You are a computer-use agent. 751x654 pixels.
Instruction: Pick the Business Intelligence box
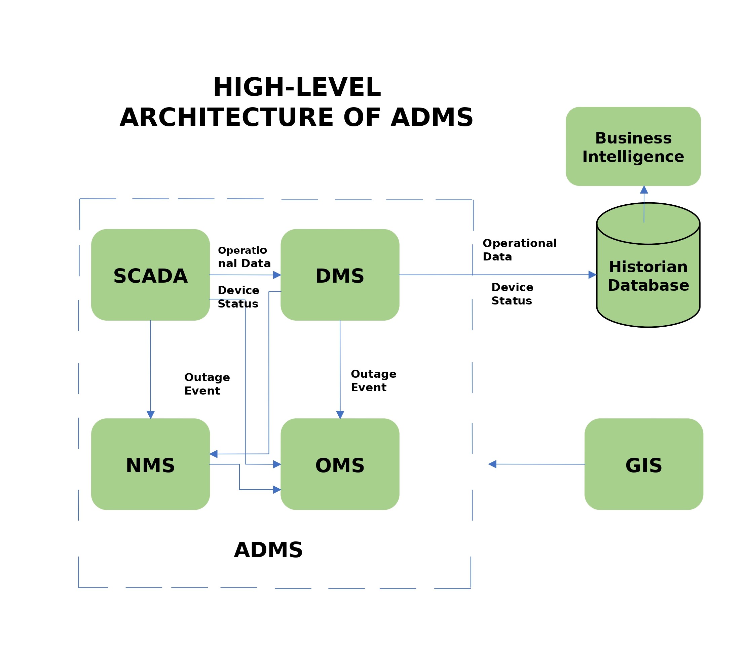coord(633,146)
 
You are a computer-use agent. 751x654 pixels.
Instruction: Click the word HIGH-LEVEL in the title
coord(297,88)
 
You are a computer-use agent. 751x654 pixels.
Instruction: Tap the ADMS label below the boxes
coord(268,550)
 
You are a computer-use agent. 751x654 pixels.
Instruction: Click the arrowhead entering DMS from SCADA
coord(277,275)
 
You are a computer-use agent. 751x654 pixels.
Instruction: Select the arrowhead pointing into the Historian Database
coord(592,275)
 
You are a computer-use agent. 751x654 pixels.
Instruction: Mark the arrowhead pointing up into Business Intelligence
coord(644,190)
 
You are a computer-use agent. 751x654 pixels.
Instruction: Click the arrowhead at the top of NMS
coord(150,415)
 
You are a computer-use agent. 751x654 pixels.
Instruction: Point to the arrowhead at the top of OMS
coord(340,415)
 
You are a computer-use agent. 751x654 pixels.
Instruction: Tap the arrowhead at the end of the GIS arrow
coord(492,464)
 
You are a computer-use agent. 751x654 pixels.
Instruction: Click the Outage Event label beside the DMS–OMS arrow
coord(373,381)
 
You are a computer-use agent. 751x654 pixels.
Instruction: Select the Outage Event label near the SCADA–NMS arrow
coord(207,384)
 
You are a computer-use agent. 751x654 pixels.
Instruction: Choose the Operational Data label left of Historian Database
coord(519,250)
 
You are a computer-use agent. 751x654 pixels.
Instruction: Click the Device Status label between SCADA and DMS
coord(238,297)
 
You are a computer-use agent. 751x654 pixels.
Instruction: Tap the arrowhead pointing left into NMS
coord(214,454)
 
